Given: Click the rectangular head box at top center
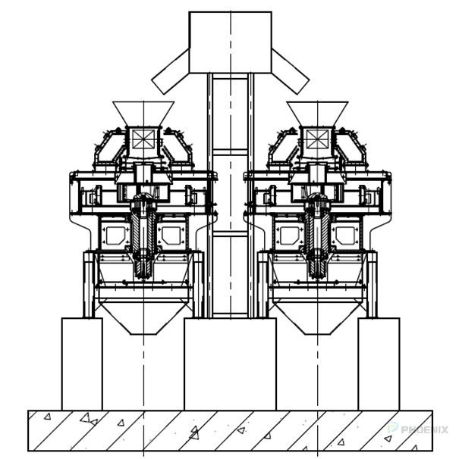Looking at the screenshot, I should (x=230, y=42).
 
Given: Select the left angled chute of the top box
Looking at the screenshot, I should (x=171, y=73).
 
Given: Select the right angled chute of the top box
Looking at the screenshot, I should (x=290, y=71).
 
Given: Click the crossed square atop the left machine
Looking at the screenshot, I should (x=143, y=138).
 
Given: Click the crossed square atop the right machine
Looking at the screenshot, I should (x=317, y=138).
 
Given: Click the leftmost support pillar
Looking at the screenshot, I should (x=82, y=364).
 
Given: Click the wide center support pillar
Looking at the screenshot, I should (x=230, y=364).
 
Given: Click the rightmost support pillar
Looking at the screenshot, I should (x=379, y=364).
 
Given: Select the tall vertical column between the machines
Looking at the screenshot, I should (x=230, y=197).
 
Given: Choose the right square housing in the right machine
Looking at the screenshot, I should (x=346, y=234).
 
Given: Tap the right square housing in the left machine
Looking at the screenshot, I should (x=171, y=234).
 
